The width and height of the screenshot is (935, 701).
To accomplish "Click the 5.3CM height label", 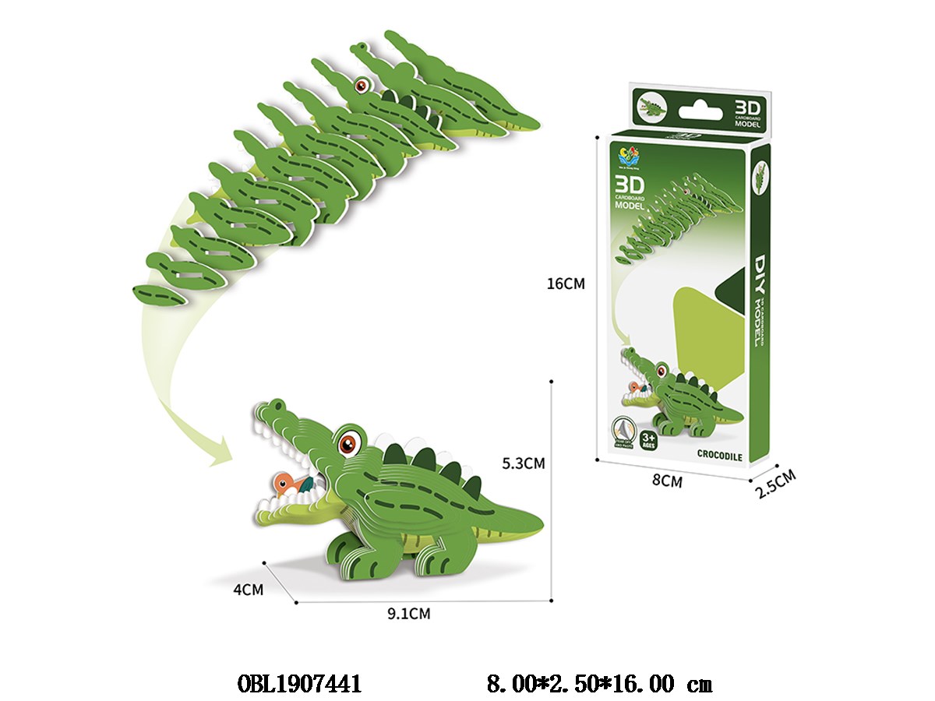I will click(522, 463).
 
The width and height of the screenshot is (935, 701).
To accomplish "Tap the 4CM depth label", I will click(248, 590).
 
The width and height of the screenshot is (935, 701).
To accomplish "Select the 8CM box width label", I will click(666, 481).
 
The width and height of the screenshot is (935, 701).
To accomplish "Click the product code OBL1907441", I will click(298, 684).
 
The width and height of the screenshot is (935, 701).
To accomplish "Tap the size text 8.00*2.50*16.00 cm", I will click(598, 684).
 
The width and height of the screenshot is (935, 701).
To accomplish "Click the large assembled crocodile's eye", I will click(348, 445).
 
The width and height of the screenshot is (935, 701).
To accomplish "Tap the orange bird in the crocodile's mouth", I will click(285, 483).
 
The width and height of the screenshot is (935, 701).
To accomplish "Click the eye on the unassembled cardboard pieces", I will click(361, 85).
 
